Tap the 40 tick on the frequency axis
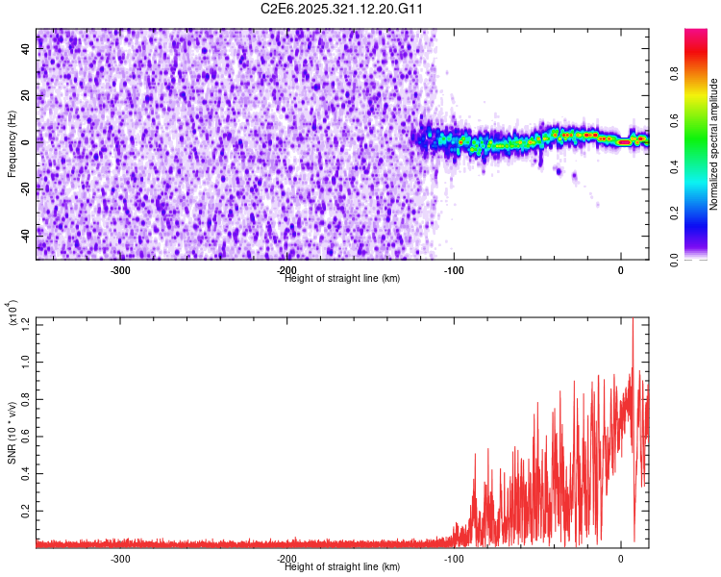pyautogui.click(x=25, y=50)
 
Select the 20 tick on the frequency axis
pyautogui.click(x=25, y=96)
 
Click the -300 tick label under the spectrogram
pyautogui.click(x=120, y=271)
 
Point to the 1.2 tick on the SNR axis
pyautogui.click(x=23, y=321)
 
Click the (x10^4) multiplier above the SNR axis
pyautogui.click(x=12, y=314)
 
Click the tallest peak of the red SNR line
pyautogui.click(x=633, y=319)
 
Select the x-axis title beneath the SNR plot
pyautogui.click(x=342, y=566)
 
